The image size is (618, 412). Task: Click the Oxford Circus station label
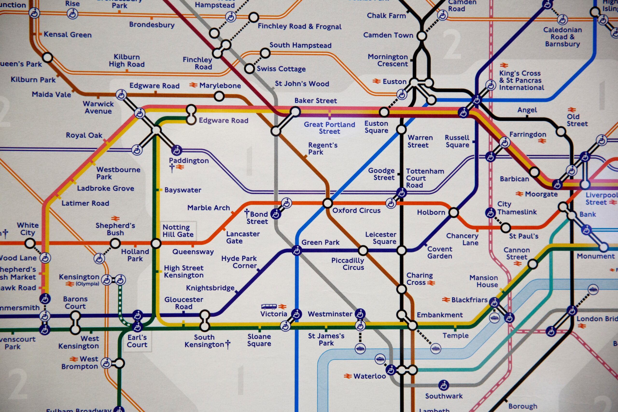click(x=356, y=210)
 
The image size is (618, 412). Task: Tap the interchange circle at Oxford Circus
click(x=328, y=203)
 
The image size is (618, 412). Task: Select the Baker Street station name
click(x=316, y=101)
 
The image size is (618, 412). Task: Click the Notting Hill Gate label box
click(x=178, y=231)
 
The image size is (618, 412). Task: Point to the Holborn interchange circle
click(x=454, y=212)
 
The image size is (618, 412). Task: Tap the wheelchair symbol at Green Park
click(x=297, y=250)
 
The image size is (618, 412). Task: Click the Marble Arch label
click(x=209, y=208)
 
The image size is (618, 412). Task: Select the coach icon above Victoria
click(x=269, y=306)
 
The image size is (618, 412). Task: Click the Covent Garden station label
click(x=440, y=252)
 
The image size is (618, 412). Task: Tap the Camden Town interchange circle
click(x=421, y=36)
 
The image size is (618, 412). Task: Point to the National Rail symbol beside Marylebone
click(x=193, y=85)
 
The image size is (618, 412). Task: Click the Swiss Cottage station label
click(x=281, y=69)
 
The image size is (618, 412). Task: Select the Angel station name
click(x=527, y=110)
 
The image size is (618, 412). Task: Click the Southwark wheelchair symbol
click(x=443, y=385)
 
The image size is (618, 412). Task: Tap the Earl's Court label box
click(x=137, y=341)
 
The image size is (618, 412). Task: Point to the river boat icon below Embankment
click(x=436, y=349)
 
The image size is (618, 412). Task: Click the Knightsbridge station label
click(x=210, y=288)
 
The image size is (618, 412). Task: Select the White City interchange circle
click(x=30, y=243)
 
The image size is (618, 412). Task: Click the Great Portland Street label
click(x=330, y=128)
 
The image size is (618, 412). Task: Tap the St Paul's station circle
click(x=506, y=228)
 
